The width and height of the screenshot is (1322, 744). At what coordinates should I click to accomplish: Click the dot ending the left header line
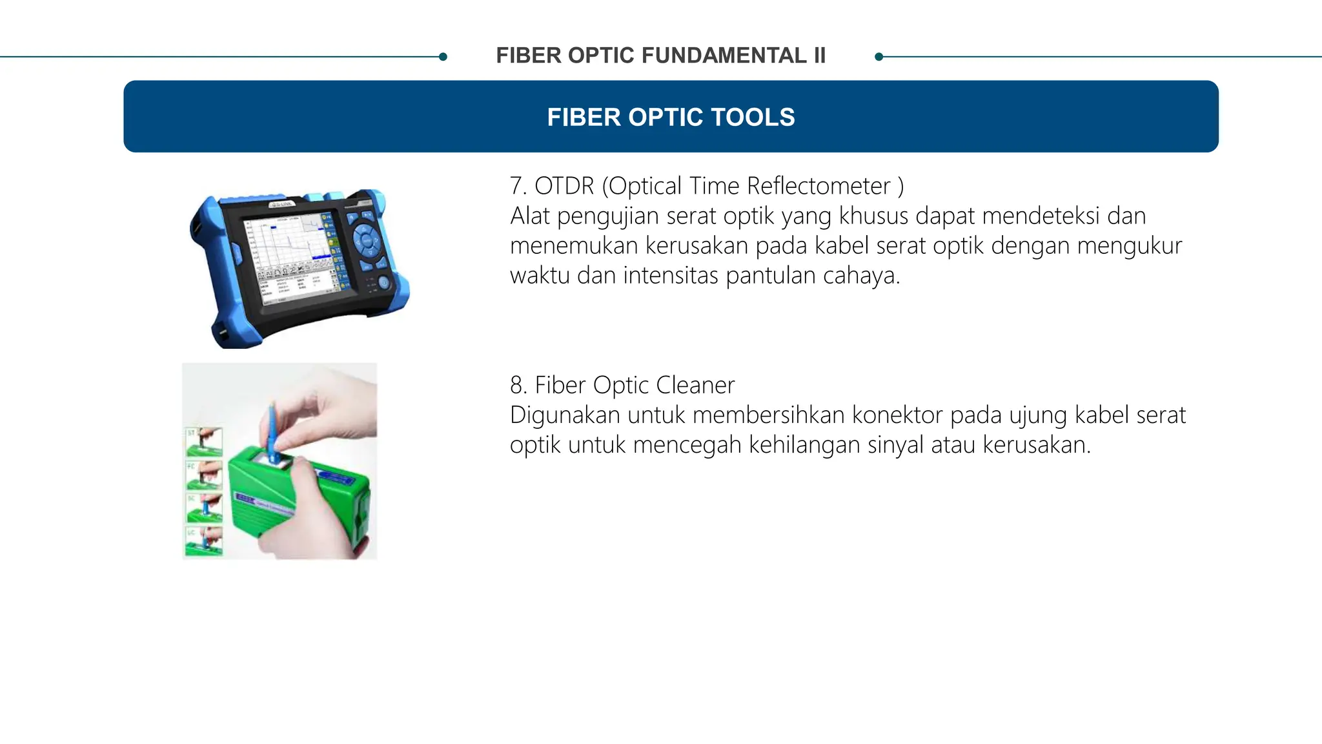coord(443,57)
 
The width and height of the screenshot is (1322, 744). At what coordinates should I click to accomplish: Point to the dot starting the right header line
coord(879,57)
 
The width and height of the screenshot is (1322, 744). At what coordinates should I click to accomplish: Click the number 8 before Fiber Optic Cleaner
coord(516,385)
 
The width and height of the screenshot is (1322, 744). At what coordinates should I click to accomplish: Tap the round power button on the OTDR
coord(383,282)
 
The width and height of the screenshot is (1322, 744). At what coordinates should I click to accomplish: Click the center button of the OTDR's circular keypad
coord(367,241)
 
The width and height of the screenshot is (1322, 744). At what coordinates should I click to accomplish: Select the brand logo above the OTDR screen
coord(281,204)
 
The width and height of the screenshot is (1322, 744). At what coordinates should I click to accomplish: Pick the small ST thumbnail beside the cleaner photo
coord(204,442)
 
